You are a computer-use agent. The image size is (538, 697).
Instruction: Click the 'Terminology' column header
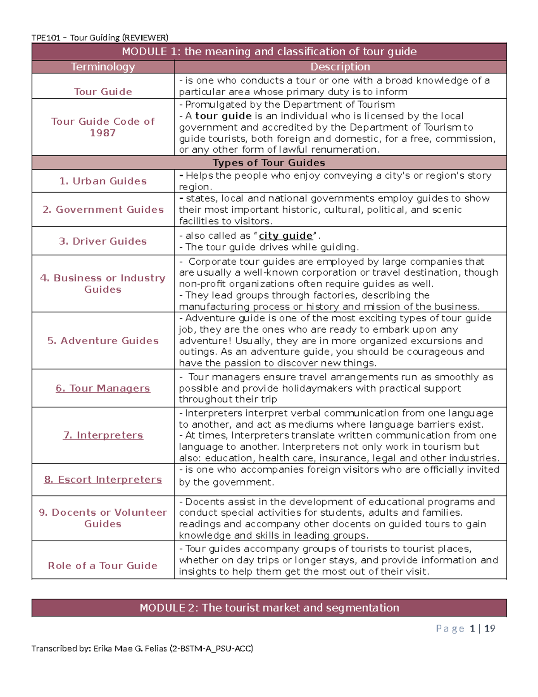[x=103, y=67]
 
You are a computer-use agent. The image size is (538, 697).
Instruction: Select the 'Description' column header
[x=340, y=67]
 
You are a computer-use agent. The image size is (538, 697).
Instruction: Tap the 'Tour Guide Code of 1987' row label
[x=103, y=127]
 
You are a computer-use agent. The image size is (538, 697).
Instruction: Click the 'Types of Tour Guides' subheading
[x=269, y=162]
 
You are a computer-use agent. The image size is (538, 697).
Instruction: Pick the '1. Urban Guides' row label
[x=103, y=181]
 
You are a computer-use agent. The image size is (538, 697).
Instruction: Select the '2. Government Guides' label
[x=103, y=210]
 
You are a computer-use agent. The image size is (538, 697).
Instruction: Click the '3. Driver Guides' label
[x=103, y=241]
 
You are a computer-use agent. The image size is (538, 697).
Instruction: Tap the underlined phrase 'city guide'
[x=286, y=236]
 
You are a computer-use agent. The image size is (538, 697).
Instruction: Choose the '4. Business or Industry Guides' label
[x=103, y=284]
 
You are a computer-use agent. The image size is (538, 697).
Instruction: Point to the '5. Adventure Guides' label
[x=103, y=341]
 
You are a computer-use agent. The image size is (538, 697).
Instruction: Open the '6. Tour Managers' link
[x=103, y=388]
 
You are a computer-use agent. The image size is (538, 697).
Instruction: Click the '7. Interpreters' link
[x=103, y=435]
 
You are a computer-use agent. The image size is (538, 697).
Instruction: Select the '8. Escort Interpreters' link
[x=103, y=479]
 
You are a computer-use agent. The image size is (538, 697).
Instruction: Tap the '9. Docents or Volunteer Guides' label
[x=103, y=518]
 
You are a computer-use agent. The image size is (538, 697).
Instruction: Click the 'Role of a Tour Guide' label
[x=103, y=565]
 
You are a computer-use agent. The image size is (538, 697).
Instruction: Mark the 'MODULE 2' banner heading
[x=269, y=608]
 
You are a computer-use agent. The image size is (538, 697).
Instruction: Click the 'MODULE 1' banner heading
[x=269, y=52]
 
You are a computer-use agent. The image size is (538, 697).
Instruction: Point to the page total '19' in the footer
[x=490, y=628]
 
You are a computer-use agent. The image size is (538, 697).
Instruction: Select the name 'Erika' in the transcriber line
[x=103, y=648]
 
